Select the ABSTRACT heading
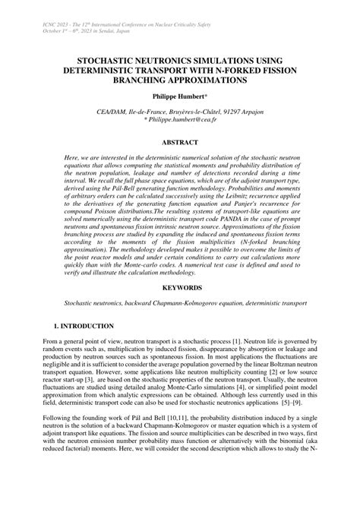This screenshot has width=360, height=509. pyautogui.click(x=180, y=142)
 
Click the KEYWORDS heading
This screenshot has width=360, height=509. pyautogui.click(x=180, y=311)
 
